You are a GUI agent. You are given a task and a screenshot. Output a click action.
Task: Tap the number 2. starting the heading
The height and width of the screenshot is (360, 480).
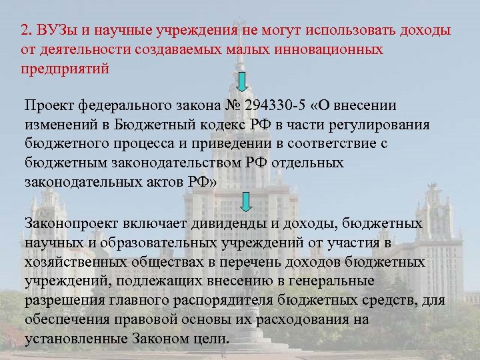(26, 30)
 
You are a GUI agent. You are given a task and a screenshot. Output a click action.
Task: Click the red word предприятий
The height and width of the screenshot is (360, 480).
(64, 68)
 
